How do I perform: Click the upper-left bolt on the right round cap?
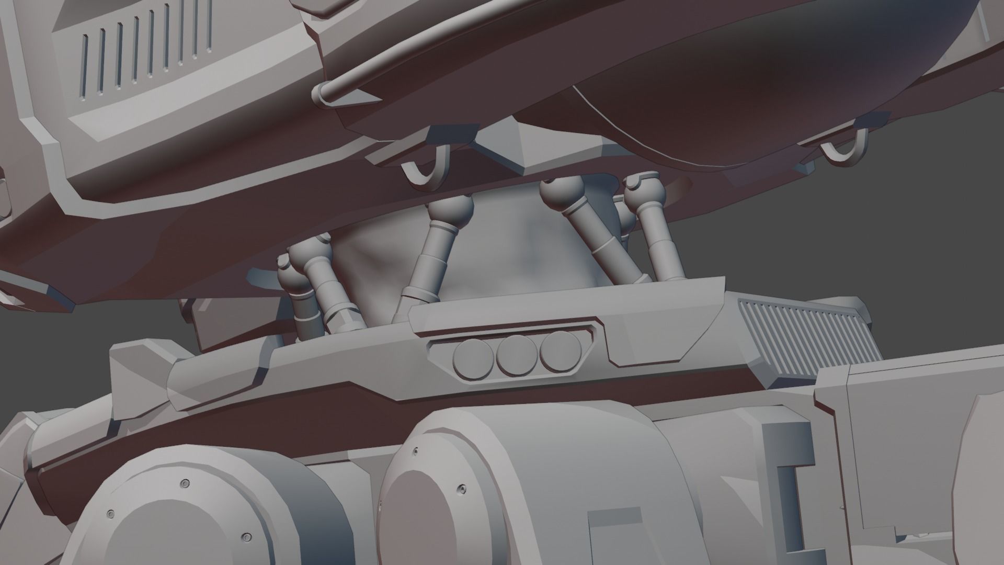point(416,450)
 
